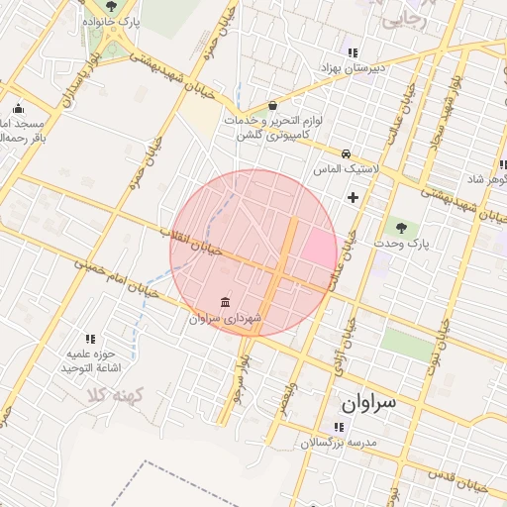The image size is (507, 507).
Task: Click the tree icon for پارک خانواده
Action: [x=110, y=6]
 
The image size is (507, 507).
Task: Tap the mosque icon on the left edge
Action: [x=18, y=110]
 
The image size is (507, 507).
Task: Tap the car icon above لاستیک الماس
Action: [x=346, y=153]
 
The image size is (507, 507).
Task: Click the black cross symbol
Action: [x=354, y=197]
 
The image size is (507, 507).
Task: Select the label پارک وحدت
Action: [x=400, y=243]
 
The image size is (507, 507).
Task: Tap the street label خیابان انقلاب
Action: [x=193, y=241]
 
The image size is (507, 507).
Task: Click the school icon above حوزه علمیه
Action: [x=91, y=339]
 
